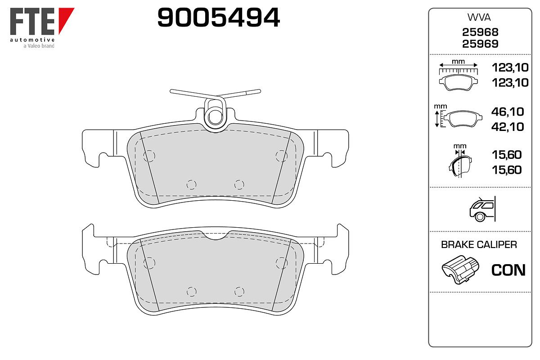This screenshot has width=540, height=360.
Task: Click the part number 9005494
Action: click(218, 18)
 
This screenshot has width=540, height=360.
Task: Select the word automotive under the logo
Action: click(32, 40)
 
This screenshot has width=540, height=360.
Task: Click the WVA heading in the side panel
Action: click(479, 18)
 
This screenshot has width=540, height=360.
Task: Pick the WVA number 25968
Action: click(480, 32)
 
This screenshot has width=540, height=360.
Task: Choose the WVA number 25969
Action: click(480, 44)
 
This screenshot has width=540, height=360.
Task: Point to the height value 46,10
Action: click(508, 112)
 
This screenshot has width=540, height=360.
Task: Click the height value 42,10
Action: click(508, 127)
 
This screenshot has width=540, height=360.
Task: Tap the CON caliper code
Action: click(508, 270)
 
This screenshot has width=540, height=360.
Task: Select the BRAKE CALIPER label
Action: click(479, 245)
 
